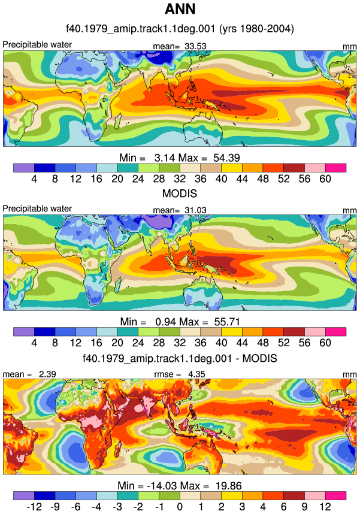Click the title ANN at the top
(x=180, y=9)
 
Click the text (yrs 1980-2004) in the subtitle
(x=256, y=29)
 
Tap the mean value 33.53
(x=195, y=46)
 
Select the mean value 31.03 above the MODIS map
(x=195, y=210)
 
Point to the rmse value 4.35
(x=196, y=374)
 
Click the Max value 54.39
(x=226, y=158)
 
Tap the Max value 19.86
(x=229, y=485)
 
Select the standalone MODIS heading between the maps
(x=180, y=193)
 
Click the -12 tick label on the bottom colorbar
(x=34, y=507)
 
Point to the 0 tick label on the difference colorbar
(x=180, y=507)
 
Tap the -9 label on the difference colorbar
(x=55, y=507)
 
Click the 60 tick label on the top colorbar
(x=325, y=179)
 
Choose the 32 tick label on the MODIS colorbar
(x=180, y=343)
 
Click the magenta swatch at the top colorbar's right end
(x=335, y=168)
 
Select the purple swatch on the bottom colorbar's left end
(x=23, y=495)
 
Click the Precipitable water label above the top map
(x=37, y=44)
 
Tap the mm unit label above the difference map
(x=349, y=374)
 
